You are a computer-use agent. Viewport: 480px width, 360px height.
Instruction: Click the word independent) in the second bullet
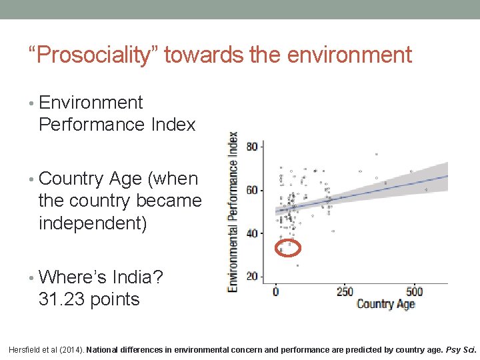point(92,223)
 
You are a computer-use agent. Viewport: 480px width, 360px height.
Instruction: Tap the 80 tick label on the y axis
point(251,147)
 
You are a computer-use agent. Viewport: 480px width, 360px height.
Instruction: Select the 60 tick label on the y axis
point(251,191)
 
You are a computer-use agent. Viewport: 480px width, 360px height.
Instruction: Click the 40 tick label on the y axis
point(251,233)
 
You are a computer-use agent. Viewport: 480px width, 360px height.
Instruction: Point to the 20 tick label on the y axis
point(251,277)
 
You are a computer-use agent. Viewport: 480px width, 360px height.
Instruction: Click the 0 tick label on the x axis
point(276,292)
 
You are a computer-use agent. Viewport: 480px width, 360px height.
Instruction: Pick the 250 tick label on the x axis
point(344,292)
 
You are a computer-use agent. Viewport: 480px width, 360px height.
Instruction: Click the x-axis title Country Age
point(385,305)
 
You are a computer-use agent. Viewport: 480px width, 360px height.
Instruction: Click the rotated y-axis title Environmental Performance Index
point(233,211)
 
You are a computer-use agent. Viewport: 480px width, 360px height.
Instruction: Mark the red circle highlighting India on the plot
point(288,248)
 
